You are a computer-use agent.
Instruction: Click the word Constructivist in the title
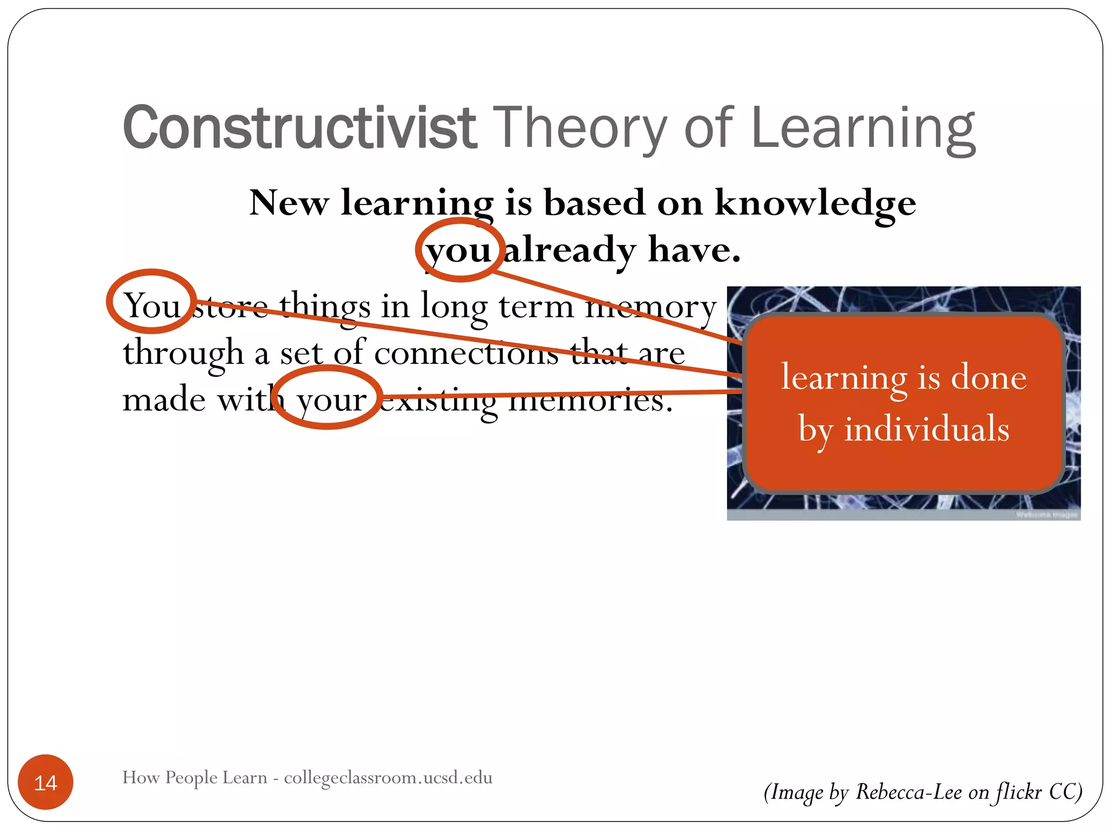pos(299,127)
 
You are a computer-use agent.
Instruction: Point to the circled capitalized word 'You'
pos(152,305)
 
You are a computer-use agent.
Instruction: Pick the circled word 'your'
pos(331,400)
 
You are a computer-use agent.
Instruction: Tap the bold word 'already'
pos(570,251)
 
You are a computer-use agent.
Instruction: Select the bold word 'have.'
pos(694,251)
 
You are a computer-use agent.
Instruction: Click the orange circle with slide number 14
pos(46,782)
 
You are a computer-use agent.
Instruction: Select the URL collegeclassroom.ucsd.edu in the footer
pos(388,778)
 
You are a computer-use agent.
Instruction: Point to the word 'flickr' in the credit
pos(1019,792)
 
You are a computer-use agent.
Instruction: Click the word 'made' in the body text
pos(164,400)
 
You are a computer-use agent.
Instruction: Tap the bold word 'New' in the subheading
pos(289,203)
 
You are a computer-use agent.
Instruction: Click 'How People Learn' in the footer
pos(195,778)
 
